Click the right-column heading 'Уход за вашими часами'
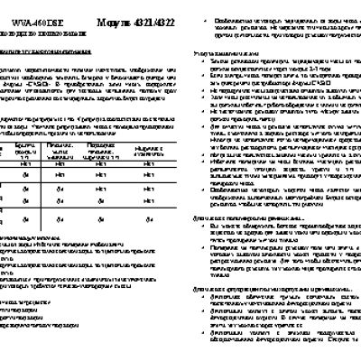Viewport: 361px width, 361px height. coord(226,57)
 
